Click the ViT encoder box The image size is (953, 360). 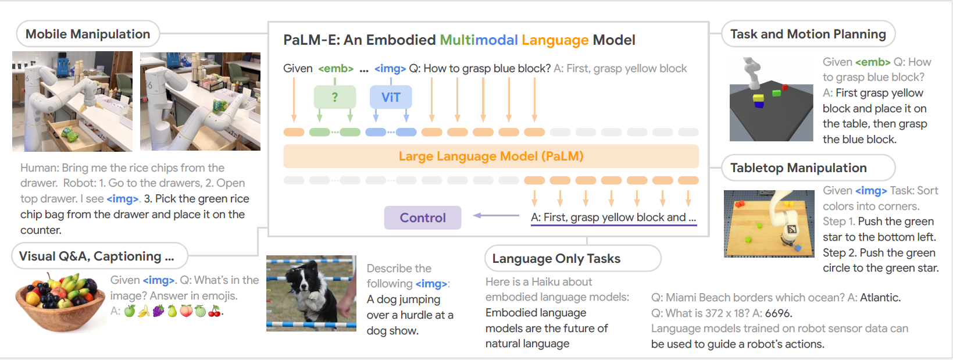tap(391, 97)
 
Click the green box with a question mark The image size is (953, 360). tap(335, 97)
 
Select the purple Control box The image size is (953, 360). tap(423, 218)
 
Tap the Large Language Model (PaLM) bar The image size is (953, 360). tap(491, 156)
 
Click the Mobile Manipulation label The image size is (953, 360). tap(88, 34)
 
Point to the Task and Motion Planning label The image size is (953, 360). tap(808, 34)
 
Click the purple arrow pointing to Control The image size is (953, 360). tap(496, 215)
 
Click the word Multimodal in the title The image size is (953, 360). tap(479, 40)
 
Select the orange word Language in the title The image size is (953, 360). tap(555, 41)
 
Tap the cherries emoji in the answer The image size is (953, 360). tap(215, 312)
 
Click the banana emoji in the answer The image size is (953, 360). tap(144, 312)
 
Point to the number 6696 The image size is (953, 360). tap(778, 313)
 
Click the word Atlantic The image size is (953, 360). tap(880, 297)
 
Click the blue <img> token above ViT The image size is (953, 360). tap(390, 69)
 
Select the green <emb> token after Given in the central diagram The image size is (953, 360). tap(335, 69)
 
